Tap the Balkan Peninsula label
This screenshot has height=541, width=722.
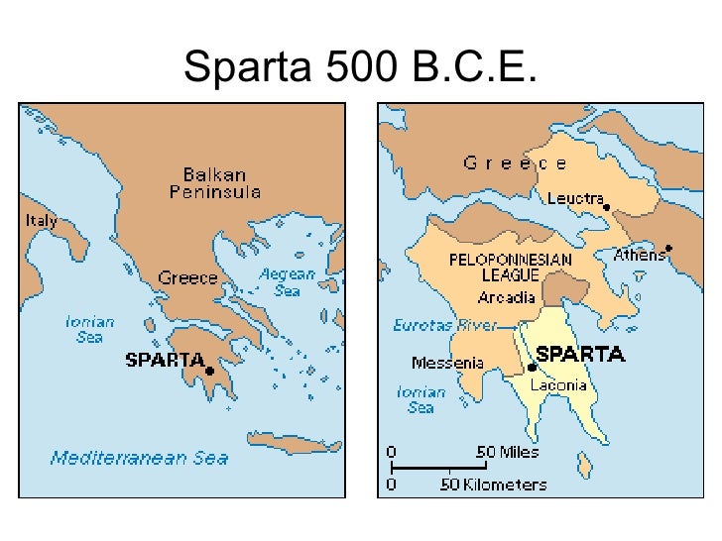click(x=214, y=183)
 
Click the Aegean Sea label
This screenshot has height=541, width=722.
click(x=287, y=283)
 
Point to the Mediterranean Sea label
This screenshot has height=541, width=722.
click(x=139, y=458)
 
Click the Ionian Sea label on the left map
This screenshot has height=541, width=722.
click(x=90, y=329)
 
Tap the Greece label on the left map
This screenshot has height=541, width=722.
click(x=188, y=278)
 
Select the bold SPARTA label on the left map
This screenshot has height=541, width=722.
click(x=165, y=360)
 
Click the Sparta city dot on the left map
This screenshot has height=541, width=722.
click(x=210, y=371)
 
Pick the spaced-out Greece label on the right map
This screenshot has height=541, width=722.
click(x=516, y=163)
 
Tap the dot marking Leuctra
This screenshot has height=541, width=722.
click(x=607, y=208)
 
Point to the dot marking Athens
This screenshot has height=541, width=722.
click(x=670, y=248)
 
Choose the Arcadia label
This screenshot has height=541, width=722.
click(x=509, y=297)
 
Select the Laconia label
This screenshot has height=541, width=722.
click(x=558, y=384)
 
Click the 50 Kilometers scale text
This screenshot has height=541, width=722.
click(x=494, y=485)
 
